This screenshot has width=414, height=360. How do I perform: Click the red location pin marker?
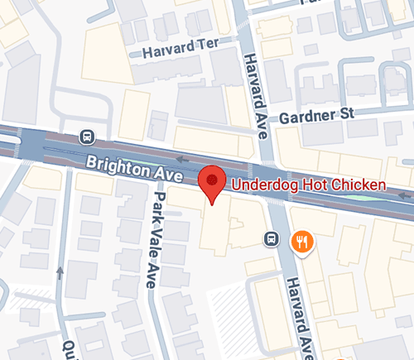(214, 181)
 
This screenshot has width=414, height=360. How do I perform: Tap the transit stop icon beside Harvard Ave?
(270, 239)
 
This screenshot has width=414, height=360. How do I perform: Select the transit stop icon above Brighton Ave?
(85, 136)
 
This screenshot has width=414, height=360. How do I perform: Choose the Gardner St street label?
(312, 117)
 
